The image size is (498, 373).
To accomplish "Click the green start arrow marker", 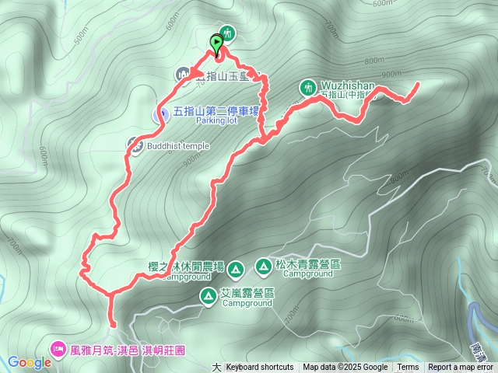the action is (x=216, y=44).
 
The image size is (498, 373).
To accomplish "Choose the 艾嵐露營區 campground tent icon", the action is (x=209, y=295).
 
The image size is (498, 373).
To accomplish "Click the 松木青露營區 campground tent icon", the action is (x=264, y=267).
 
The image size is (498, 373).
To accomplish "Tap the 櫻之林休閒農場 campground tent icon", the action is (x=237, y=270).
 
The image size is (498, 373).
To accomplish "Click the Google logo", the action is (x=29, y=362).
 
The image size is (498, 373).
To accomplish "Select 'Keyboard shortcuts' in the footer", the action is (x=260, y=368).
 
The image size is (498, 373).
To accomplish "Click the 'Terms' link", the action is (x=408, y=368).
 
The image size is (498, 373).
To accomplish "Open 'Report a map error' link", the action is (x=461, y=368).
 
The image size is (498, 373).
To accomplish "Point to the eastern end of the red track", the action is (x=419, y=83).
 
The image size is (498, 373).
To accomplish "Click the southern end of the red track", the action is (x=114, y=326).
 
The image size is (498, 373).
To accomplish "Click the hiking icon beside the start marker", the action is (x=227, y=33).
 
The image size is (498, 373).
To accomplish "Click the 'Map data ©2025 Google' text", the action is (x=345, y=368).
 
